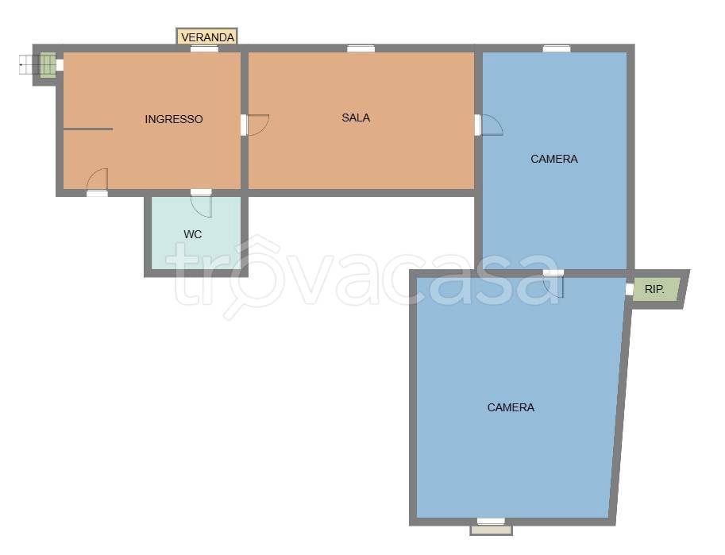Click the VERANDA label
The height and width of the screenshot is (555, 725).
tap(207, 37)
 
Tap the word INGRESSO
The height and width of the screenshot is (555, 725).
tap(174, 119)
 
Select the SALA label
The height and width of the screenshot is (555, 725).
tap(356, 118)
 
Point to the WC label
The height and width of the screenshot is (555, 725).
tap(192, 234)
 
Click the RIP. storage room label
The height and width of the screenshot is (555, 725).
tap(654, 290)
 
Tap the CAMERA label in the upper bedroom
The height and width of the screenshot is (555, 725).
tap(554, 159)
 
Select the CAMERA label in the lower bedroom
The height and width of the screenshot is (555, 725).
tap(511, 407)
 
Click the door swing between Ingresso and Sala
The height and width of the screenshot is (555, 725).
tap(259, 125)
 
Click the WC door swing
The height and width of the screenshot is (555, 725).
tap(201, 206)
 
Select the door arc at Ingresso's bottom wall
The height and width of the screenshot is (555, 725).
tap(97, 179)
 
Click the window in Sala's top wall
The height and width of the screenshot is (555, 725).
tap(361, 48)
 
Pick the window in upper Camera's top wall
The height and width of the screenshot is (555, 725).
tap(556, 48)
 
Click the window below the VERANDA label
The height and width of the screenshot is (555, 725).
tap(204, 48)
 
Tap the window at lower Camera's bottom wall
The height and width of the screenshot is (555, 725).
tap(491, 522)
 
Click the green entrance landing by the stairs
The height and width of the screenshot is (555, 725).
tap(47, 65)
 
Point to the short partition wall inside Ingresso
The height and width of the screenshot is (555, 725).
tap(88, 129)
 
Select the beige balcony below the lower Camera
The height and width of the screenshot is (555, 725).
tap(491, 530)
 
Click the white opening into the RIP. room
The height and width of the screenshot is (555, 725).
tap(629, 289)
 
